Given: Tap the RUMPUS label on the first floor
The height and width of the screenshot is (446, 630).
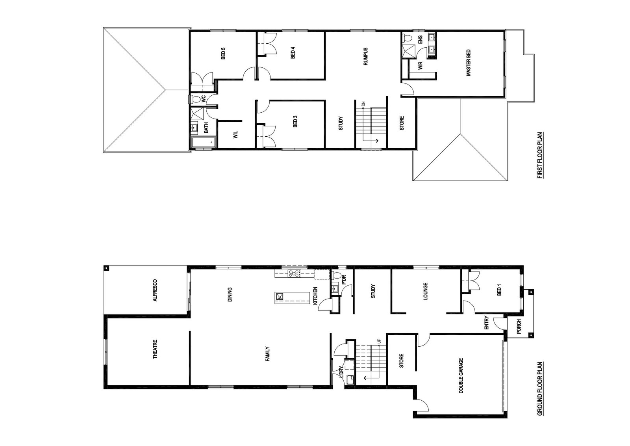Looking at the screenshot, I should point(365,57).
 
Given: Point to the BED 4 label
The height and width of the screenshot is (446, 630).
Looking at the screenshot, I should point(293,54).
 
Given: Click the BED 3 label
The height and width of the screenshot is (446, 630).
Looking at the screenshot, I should point(295,123).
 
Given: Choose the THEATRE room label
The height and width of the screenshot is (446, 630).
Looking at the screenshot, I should point(155,349).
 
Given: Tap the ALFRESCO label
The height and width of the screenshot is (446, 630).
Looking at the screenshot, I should point(155,291).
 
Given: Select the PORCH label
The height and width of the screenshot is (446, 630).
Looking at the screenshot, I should point(519,327).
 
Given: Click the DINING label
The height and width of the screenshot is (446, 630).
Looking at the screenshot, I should point(230,294).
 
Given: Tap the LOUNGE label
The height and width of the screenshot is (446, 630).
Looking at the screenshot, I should point(425,292).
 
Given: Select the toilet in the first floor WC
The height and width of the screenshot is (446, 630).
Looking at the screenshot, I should point(196,99).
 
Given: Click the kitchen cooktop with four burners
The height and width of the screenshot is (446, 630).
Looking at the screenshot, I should point(294,273).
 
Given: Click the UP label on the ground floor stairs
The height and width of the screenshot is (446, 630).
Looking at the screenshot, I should point(379,341).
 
